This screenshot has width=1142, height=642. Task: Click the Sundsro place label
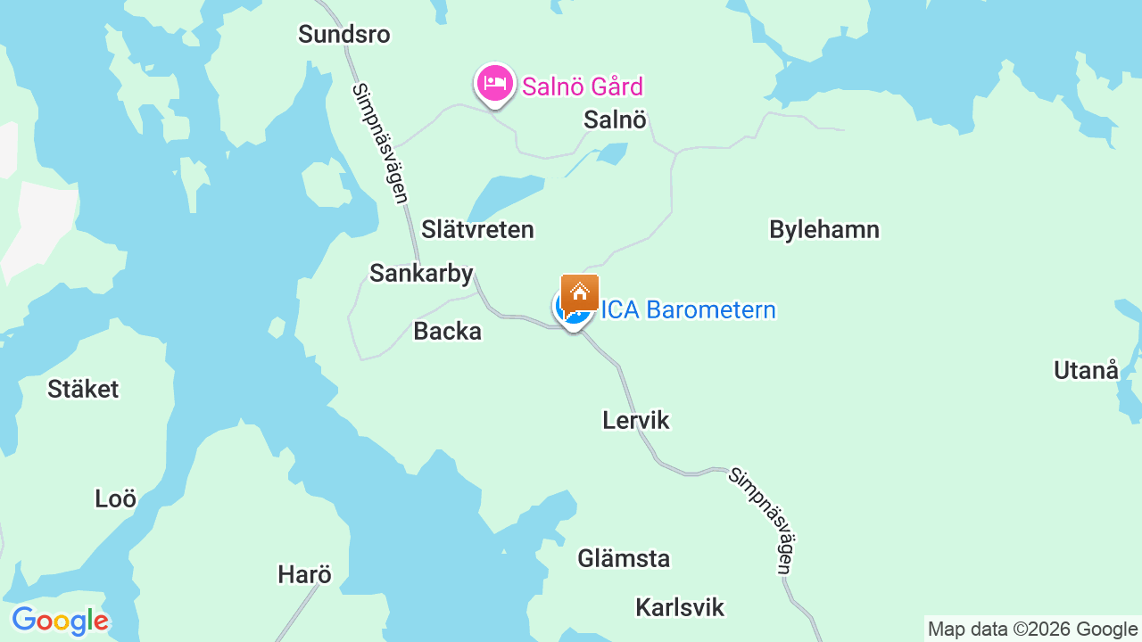(x=344, y=35)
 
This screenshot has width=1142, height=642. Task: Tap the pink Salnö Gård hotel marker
(x=494, y=84)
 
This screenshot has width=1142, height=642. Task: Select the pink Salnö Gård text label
(x=583, y=86)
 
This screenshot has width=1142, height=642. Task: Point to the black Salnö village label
(x=615, y=119)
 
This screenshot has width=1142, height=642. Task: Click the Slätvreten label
(x=477, y=229)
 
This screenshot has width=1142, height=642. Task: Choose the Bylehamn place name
(x=824, y=229)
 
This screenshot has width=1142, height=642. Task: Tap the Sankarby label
(x=421, y=273)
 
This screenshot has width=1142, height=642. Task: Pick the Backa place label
(x=447, y=332)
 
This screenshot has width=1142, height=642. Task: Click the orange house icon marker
(x=580, y=292)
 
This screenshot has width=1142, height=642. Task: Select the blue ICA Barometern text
(x=689, y=310)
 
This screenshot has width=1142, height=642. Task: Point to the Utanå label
(x=1086, y=370)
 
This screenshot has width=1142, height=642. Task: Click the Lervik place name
(x=635, y=420)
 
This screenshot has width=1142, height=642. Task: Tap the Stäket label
(x=83, y=389)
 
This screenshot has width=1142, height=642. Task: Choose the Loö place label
(x=116, y=499)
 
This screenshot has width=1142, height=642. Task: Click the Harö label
(x=304, y=574)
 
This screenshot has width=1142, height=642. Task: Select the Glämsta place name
(x=624, y=559)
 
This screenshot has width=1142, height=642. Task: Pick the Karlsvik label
(x=680, y=607)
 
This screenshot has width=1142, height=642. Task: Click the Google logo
(x=60, y=621)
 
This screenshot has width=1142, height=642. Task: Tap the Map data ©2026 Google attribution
(x=1032, y=629)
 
